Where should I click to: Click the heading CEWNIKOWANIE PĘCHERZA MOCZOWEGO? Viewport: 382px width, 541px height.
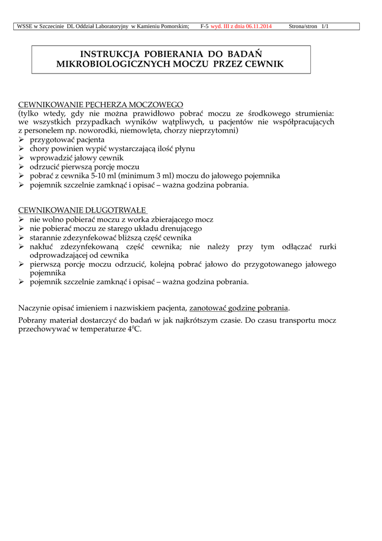point(101,105)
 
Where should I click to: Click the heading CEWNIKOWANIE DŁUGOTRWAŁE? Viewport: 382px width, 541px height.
point(82,210)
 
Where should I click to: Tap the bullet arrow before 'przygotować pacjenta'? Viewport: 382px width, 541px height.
point(22,141)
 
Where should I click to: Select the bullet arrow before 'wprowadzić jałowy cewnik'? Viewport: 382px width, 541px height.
point(22,158)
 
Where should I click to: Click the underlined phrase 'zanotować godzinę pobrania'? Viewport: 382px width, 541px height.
point(239,308)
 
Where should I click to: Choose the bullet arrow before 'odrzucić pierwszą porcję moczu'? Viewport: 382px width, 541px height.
point(22,167)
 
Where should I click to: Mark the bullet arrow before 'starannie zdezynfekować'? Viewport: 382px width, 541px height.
point(22,238)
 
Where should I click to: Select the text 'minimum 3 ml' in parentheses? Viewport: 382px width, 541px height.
point(146,175)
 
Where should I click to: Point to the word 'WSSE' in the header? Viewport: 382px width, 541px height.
point(25,26)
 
